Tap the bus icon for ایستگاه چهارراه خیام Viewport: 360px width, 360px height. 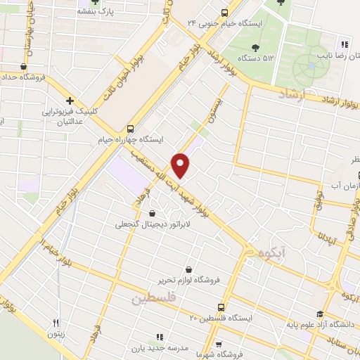tap(131, 128)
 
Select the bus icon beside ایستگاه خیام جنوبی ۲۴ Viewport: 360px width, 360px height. tap(224, 11)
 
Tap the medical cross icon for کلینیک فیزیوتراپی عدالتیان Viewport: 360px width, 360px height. tap(70, 100)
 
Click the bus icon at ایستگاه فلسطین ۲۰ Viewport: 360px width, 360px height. tap(221, 307)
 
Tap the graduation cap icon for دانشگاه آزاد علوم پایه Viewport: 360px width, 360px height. tap(321, 314)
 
